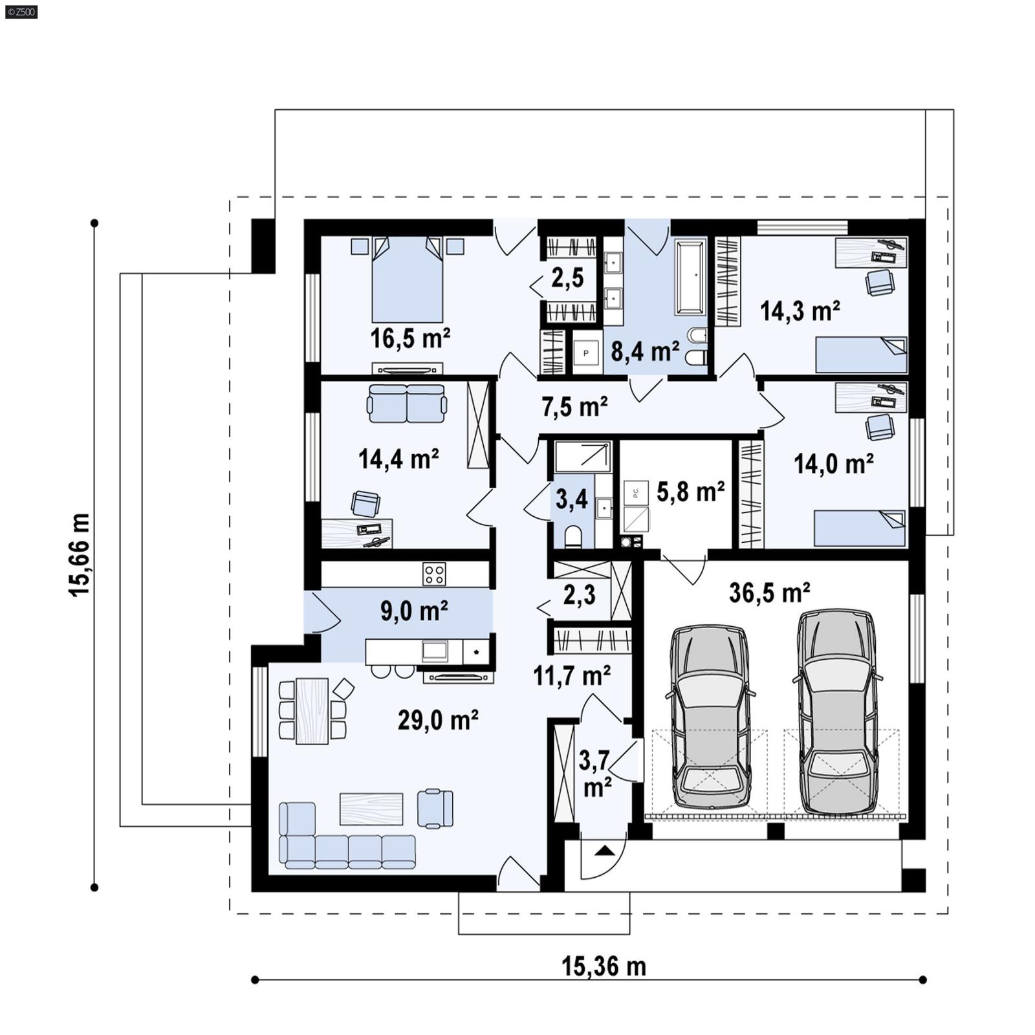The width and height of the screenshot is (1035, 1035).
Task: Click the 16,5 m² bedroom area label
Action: (410, 338)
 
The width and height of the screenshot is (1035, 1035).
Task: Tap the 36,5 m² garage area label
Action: (769, 593)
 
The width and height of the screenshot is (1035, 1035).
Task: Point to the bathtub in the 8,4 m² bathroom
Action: (690, 278)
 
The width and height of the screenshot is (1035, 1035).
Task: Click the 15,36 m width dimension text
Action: (603, 967)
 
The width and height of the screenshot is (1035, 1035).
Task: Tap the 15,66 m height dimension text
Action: (80, 555)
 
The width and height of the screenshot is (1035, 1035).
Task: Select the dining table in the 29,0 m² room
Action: (312, 711)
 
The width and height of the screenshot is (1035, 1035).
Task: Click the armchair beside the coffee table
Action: (435, 808)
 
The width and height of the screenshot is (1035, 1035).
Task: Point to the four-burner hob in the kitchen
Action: (433, 574)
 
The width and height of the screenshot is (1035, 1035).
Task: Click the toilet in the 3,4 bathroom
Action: (573, 537)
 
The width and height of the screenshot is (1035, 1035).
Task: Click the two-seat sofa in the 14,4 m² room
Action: (406, 403)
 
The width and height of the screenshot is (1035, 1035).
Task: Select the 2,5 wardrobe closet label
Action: (567, 278)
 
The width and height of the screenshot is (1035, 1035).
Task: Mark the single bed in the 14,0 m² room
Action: (859, 528)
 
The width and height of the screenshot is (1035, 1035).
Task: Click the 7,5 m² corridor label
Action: (574, 407)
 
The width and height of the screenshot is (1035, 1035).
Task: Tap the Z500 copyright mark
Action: (21, 11)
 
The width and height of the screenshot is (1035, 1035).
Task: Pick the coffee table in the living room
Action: (371, 809)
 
